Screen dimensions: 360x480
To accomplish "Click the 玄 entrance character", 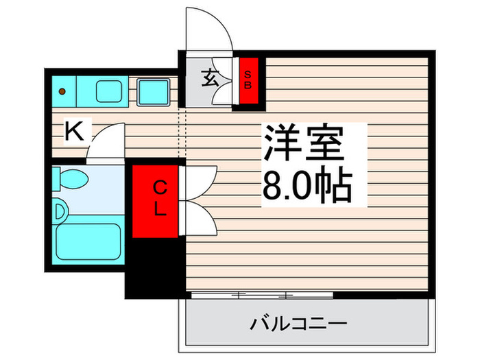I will coord(210,77).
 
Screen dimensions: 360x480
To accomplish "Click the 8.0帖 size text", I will coord(307,184).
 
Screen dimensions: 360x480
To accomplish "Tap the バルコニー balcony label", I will coord(299,323).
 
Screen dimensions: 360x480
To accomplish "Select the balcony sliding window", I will coord(261,295).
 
